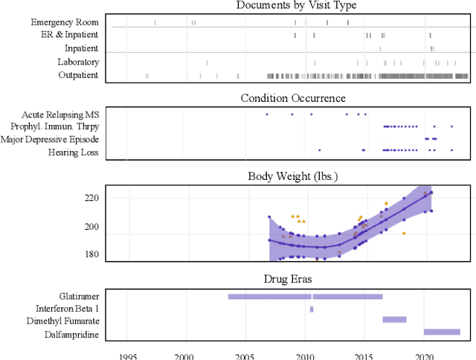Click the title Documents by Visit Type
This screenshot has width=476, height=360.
click(296, 6)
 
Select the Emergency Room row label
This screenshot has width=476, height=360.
click(65, 22)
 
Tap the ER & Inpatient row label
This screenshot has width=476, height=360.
click(70, 35)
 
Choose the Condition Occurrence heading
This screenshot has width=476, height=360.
click(293, 98)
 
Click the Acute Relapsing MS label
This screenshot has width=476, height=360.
click(61, 115)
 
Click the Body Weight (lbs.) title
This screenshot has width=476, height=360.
click(293, 177)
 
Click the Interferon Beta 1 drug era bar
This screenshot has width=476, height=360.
click(312, 309)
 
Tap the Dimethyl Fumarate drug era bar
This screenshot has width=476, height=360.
click(394, 320)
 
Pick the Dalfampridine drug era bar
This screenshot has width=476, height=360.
click(442, 332)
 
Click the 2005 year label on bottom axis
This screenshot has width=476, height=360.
click(245, 355)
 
